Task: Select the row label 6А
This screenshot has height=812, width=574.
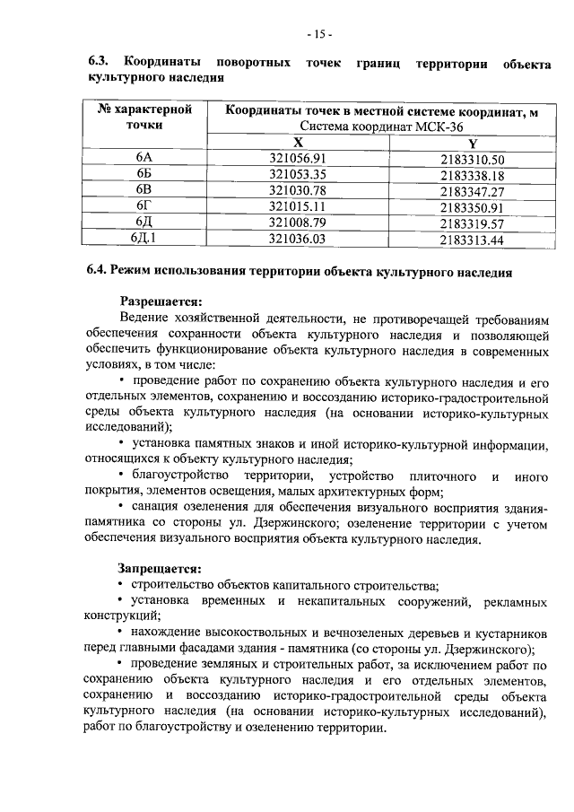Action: click(143, 159)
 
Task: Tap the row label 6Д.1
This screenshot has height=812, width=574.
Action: click(143, 240)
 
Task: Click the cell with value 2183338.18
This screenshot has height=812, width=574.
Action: click(473, 175)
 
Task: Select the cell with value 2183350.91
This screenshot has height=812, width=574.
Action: click(473, 207)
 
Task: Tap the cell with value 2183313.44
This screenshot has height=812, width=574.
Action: click(473, 240)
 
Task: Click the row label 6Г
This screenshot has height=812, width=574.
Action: click(143, 207)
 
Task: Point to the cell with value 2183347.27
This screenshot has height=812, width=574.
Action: click(473, 191)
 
